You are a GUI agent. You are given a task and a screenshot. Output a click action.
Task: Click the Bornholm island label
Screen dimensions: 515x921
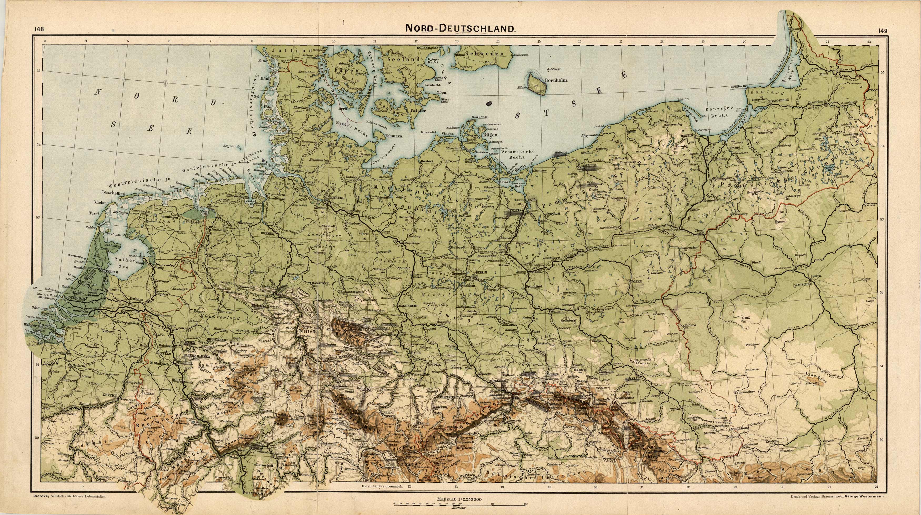coord(556,80)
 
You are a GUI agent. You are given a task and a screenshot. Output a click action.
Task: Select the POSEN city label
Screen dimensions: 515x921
coord(636,281)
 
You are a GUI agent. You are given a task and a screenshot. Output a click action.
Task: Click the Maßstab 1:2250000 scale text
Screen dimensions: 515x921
coord(459,499)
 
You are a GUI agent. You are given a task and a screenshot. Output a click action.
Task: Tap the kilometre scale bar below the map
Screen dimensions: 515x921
coord(459,504)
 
